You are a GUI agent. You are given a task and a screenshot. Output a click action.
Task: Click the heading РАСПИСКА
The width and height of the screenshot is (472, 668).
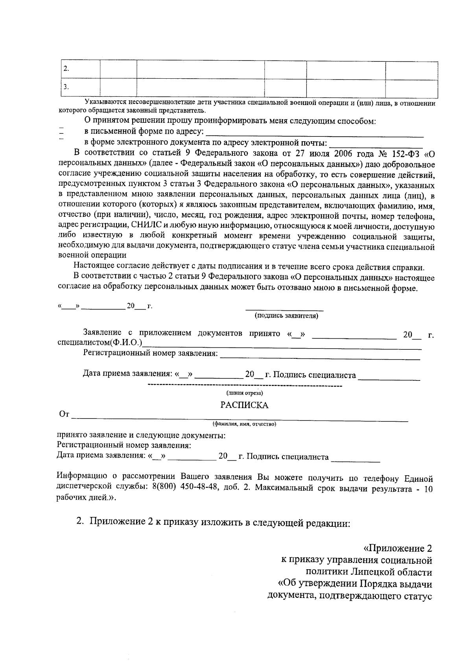pyautogui.click(x=244, y=405)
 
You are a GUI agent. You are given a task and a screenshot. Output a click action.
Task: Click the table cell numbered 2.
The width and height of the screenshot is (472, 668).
pyautogui.click(x=80, y=69)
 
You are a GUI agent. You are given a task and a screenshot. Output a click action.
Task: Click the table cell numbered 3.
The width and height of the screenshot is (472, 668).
pyautogui.click(x=80, y=88)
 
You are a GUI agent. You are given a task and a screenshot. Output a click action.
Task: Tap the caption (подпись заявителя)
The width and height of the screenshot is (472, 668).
pyautogui.click(x=286, y=316)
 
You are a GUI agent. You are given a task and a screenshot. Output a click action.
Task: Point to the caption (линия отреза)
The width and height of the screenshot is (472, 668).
pyautogui.click(x=244, y=393)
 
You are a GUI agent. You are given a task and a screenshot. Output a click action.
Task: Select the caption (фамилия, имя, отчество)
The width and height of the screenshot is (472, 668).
pyautogui.click(x=244, y=424)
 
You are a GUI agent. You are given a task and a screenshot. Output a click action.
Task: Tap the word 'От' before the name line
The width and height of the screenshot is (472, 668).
pyautogui.click(x=64, y=414)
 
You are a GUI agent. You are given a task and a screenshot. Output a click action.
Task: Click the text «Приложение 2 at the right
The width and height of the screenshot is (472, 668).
pyautogui.click(x=397, y=548)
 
